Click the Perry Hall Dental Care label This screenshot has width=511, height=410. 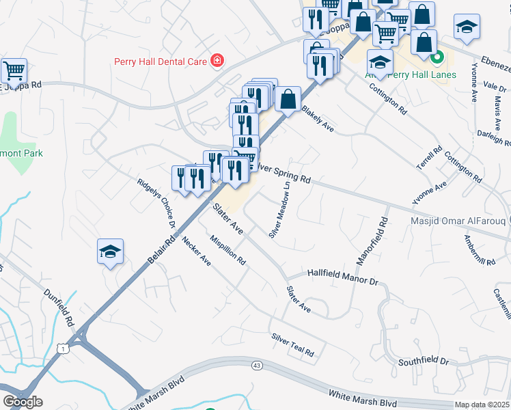[x=160, y=61]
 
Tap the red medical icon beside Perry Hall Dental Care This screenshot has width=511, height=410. [x=217, y=61]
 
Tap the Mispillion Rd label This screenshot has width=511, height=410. [x=228, y=250]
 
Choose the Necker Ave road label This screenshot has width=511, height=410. [x=196, y=251]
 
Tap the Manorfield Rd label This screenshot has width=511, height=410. [x=370, y=241]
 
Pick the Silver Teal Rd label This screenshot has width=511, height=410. [x=292, y=345]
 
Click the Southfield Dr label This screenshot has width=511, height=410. [x=424, y=360]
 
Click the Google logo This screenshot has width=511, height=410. [x=23, y=402]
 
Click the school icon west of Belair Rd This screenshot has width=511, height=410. [x=110, y=252]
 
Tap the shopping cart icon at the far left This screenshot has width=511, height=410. [x=14, y=70]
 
